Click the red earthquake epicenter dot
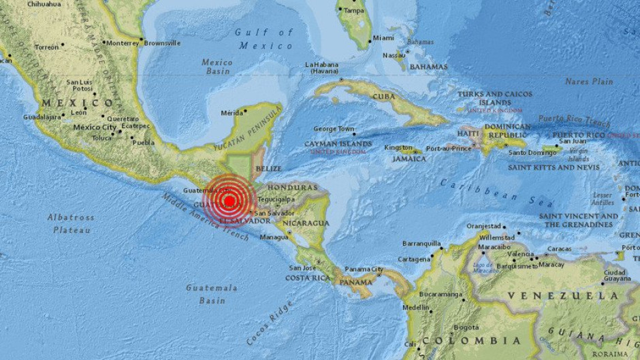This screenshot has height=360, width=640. pos(230,201)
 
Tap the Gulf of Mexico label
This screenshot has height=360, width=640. pos(264,39)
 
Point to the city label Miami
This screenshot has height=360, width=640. pos(383,38)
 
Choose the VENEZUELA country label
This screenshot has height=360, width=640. pos(563,295)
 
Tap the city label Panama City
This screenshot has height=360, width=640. pos(364,269)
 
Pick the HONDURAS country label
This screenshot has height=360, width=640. pos(294,187)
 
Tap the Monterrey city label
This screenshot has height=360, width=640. pos(122,42)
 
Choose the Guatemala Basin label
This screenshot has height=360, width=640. pos(212,294)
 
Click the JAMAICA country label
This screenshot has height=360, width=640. pos(409,159)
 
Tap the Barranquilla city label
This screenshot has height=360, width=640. pos(421,243)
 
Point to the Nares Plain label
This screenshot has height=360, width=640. pos(589,82)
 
